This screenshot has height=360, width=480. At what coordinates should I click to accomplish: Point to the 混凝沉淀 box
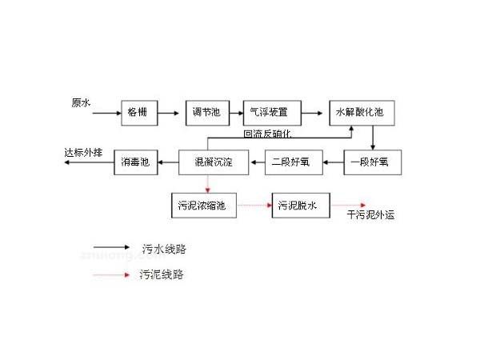click(x=208, y=163)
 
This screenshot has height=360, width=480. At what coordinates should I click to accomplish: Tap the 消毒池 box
click(x=134, y=163)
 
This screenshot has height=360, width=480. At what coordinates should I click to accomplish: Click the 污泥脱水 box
click(x=299, y=206)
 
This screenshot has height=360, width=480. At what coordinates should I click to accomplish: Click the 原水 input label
click(x=81, y=102)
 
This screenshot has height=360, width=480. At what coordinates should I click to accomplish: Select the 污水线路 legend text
click(x=162, y=249)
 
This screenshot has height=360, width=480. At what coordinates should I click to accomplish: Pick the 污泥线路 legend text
click(x=162, y=274)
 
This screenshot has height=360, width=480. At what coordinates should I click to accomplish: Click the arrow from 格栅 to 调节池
click(x=169, y=114)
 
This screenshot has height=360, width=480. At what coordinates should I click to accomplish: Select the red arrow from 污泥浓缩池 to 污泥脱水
click(x=254, y=206)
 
